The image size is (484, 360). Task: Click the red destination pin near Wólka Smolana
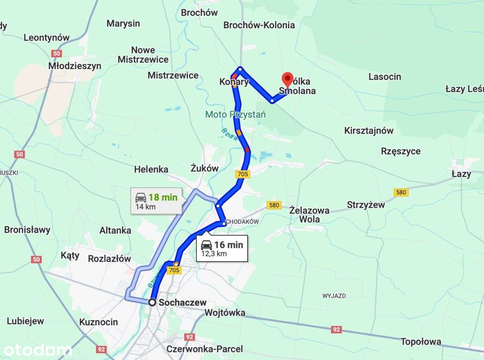[x=288, y=78]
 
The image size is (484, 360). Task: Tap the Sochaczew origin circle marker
[x=152, y=302]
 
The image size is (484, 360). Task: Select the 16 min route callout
[x=222, y=248]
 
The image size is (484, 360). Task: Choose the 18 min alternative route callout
[x=156, y=201]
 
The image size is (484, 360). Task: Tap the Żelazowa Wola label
[x=309, y=215]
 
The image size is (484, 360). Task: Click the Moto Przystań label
[x=236, y=114]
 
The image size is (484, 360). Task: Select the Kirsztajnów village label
[x=369, y=130]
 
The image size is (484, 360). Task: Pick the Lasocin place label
[x=385, y=76]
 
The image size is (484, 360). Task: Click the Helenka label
[x=151, y=169]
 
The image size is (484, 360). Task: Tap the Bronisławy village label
[x=27, y=230]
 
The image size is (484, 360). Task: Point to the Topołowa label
[x=421, y=342]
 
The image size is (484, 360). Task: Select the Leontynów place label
[x=46, y=38]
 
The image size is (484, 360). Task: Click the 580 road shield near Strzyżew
[x=401, y=193]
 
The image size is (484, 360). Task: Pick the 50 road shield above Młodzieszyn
[x=57, y=53]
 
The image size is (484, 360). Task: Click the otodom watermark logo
[x=35, y=350]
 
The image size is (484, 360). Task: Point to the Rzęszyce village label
[x=401, y=151]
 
